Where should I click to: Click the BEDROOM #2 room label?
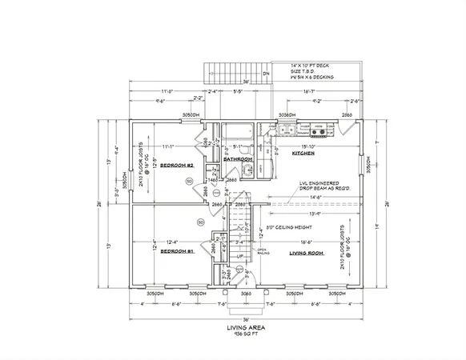[173, 166]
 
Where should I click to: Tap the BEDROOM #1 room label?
[172, 250]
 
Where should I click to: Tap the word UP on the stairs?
[240, 256]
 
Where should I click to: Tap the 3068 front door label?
[247, 294]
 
